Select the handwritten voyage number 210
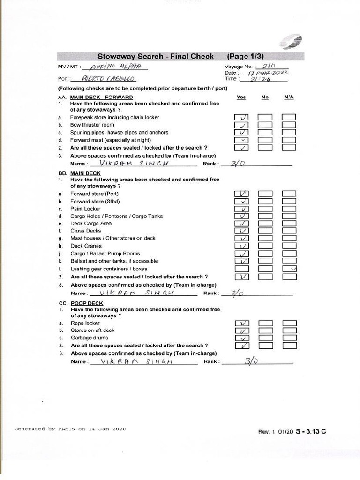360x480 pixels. [x=271, y=67]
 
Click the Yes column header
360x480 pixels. [x=241, y=97]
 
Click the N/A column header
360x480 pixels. [x=289, y=97]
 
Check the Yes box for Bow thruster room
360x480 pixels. [x=241, y=125]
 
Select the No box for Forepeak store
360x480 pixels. [x=265, y=117]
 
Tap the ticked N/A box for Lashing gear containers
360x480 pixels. [x=289, y=269]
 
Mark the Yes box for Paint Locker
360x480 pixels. [x=241, y=209]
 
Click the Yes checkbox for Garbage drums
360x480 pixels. [x=241, y=338]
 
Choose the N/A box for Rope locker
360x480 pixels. [x=289, y=323]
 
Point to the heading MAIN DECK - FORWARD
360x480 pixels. [x=101, y=97]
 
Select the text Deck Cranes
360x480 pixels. [x=86, y=246]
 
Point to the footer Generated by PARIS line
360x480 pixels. [x=70, y=429]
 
